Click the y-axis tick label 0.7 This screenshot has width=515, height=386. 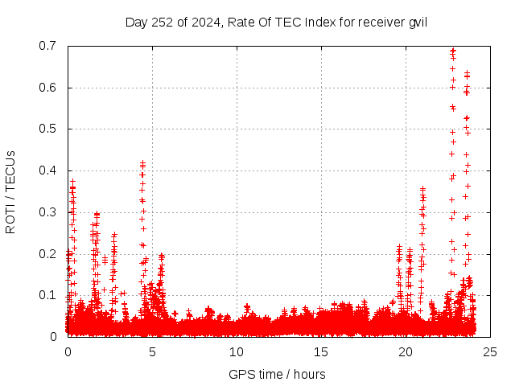[x=49, y=46]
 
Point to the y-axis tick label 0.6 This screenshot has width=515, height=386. [x=49, y=88]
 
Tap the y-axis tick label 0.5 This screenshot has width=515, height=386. [x=49, y=129]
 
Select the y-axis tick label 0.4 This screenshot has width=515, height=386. [x=49, y=170]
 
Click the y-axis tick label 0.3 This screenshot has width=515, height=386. [x=49, y=212]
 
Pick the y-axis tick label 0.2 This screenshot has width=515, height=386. [x=49, y=253]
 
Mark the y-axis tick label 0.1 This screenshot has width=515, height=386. [x=49, y=295]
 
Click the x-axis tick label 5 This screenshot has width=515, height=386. [x=152, y=352]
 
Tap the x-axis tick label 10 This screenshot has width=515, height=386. [x=237, y=352]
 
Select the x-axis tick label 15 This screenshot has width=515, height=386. [x=321, y=352]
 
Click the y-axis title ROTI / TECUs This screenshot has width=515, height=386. [x=11, y=191]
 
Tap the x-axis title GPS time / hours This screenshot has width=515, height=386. [x=278, y=374]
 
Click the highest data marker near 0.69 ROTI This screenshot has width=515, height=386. [x=453, y=50]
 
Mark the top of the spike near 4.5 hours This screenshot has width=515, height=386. [x=142, y=163]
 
